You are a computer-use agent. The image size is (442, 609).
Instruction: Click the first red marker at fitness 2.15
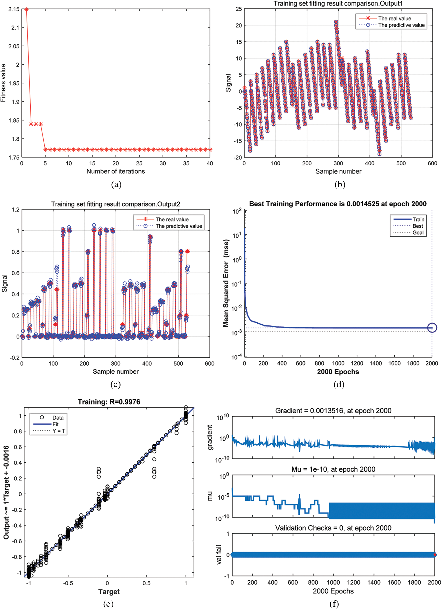tap(26, 9)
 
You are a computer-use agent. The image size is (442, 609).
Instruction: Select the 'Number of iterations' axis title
tap(116, 171)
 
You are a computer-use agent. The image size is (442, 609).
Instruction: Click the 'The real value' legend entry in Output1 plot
tap(394, 19)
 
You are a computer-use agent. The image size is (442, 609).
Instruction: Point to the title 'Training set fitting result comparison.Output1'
tap(338, 4)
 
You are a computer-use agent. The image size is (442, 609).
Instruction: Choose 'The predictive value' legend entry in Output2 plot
tap(179, 226)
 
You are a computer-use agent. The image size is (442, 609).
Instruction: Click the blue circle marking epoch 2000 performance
tap(432, 328)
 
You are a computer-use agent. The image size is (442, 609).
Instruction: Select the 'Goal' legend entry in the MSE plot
tap(418, 233)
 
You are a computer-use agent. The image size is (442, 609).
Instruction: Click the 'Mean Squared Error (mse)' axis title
tap(226, 283)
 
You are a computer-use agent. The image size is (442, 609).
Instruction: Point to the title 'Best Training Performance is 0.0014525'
tap(338, 204)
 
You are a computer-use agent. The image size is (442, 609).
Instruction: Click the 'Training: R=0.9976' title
tap(109, 402)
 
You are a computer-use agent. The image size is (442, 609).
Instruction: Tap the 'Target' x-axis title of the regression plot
tap(109, 591)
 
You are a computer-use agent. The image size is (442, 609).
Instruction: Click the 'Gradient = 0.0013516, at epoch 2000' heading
tap(333, 411)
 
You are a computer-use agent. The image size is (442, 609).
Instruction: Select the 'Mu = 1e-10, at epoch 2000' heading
tap(333, 469)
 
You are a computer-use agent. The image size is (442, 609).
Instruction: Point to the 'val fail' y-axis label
tap(219, 555)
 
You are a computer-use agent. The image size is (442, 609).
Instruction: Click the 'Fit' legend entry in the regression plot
tap(55, 424)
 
